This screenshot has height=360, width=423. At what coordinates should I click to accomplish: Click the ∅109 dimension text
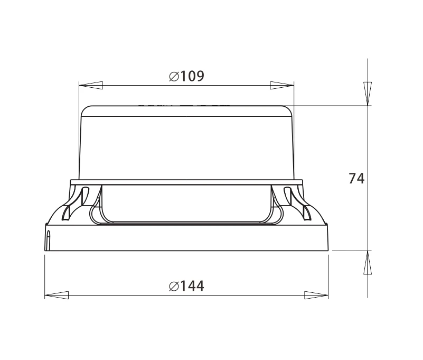[x=186, y=76]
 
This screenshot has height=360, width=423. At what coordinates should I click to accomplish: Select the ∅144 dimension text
[x=186, y=286]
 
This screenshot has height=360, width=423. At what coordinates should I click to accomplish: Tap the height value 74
[x=356, y=179]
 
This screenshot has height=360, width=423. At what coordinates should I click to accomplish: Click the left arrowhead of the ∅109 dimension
[x=90, y=85]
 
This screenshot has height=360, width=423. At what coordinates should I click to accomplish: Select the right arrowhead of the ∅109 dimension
[x=282, y=85]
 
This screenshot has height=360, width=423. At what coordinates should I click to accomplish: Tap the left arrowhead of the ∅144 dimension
[x=57, y=294]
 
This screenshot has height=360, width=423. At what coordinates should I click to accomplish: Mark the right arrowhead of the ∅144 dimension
[x=316, y=294]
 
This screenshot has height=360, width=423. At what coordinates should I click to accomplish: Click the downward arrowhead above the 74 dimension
[x=368, y=93]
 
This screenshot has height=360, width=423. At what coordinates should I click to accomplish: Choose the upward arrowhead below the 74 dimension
[x=368, y=263]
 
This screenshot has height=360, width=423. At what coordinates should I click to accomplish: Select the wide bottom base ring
[x=186, y=238]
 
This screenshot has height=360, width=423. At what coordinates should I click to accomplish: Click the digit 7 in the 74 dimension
[x=353, y=179]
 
